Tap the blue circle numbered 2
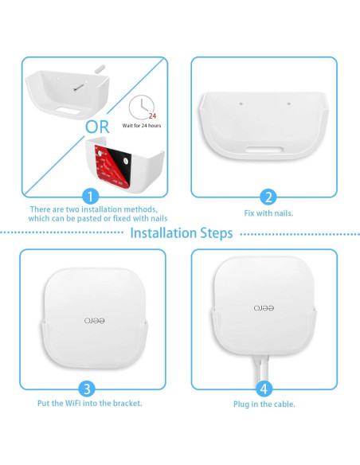[268, 198]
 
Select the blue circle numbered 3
[89, 388]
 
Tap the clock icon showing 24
[141, 110]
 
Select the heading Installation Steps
[181, 233]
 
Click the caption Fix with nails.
[268, 214]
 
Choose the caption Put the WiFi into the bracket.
[90, 404]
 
